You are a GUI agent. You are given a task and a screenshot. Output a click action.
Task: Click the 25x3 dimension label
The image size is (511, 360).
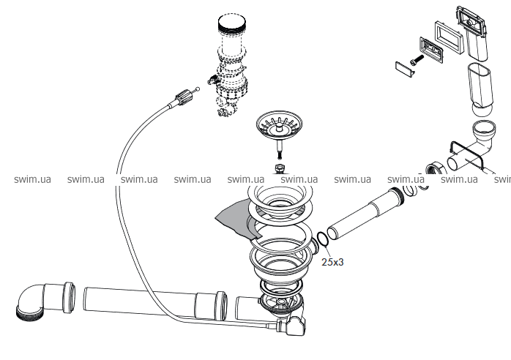(x=332, y=260)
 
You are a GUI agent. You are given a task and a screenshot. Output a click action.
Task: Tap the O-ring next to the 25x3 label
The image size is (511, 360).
(x=323, y=239)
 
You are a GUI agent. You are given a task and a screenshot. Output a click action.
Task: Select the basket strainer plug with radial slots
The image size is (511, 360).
(x=277, y=127)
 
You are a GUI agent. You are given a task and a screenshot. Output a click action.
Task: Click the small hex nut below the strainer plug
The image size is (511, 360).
(x=278, y=170)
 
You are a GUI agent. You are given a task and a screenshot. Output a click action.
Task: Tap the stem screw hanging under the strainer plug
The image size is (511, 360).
(x=279, y=151)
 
